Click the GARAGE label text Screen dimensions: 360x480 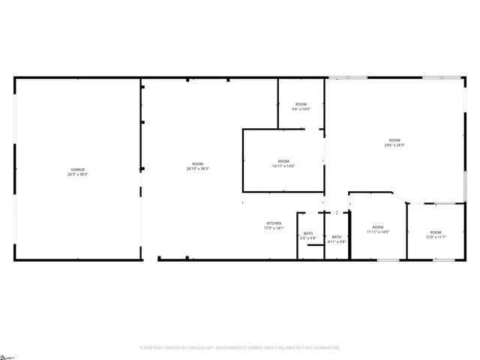[78, 169]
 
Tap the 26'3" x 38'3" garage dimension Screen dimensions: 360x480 [78, 175]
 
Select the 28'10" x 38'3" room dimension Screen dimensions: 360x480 [198, 169]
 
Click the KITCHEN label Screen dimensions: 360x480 [274, 223]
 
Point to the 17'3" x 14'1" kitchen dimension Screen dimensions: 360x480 [274, 229]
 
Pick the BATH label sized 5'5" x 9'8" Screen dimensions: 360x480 [308, 233]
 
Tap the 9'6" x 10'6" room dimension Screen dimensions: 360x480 [301, 109]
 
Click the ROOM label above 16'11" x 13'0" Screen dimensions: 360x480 [283, 161]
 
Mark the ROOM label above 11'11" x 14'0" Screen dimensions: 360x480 [377, 227]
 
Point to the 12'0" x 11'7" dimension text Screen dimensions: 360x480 [436, 238]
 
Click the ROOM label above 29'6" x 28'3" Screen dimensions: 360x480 [394, 141]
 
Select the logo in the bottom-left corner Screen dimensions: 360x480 [6, 354]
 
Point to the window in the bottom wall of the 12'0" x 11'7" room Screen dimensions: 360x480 [444, 260]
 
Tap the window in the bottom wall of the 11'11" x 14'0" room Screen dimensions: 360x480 [388, 260]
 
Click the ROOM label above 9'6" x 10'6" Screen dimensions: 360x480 [301, 104]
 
